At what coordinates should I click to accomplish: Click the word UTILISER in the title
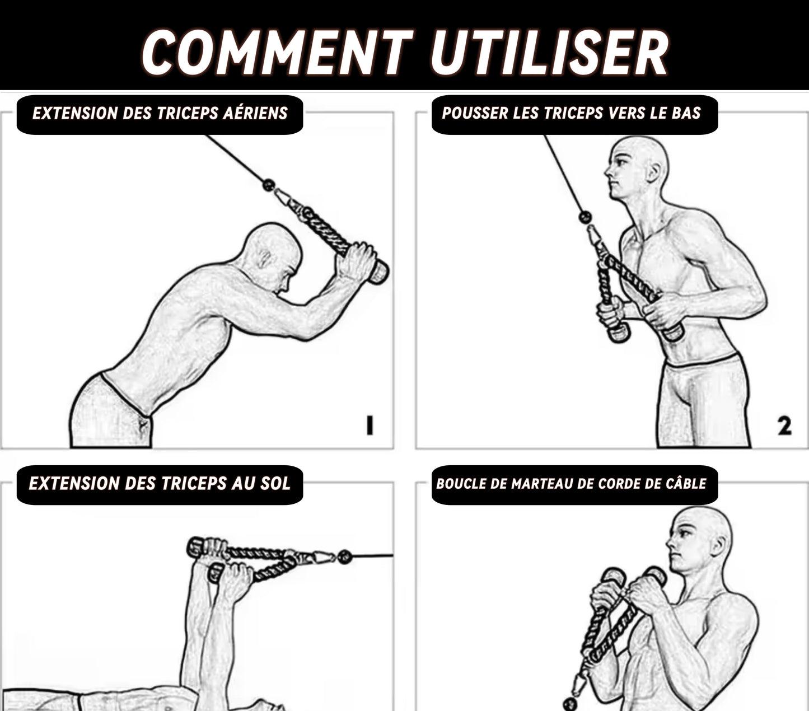(x=550, y=52)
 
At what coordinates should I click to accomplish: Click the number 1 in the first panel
(x=370, y=425)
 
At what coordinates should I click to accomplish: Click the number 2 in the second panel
(x=784, y=425)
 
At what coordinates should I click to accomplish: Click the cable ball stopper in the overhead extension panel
(x=268, y=185)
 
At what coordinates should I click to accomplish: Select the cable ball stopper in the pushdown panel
(x=585, y=217)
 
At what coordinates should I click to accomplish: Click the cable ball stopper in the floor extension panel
(x=344, y=556)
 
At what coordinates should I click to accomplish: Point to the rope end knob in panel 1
(x=378, y=273)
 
